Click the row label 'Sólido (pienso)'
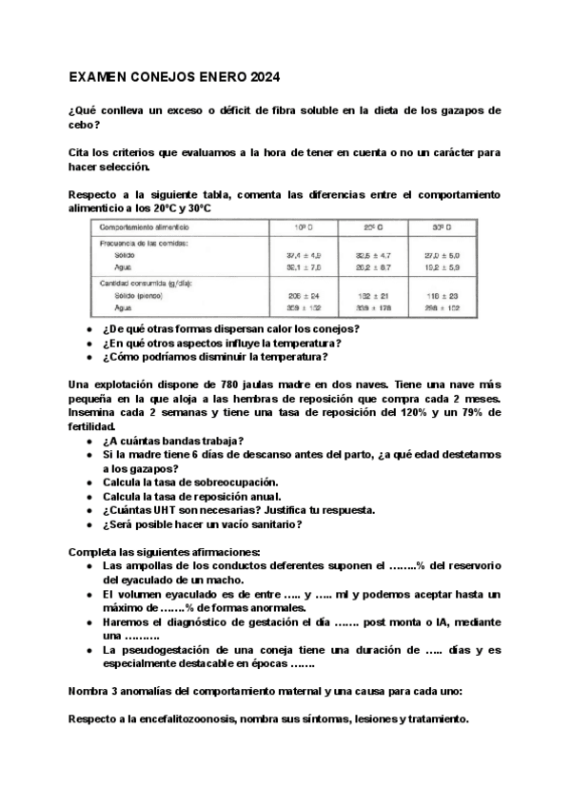[x=141, y=296]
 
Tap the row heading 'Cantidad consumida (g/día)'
[x=145, y=284]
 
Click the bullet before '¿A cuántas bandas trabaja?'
[x=89, y=440]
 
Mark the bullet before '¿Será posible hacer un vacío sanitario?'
[x=89, y=523]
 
